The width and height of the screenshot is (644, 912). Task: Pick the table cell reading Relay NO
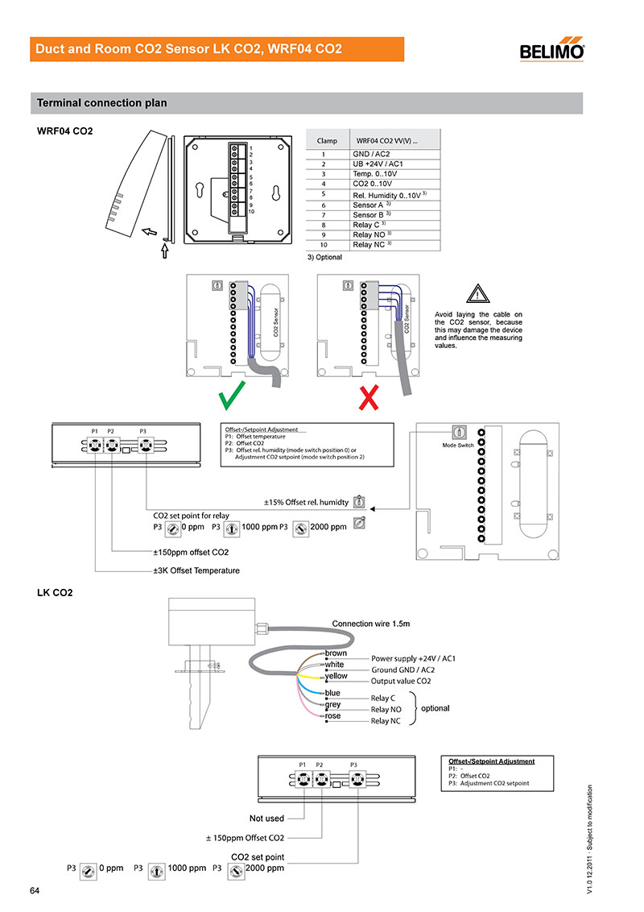tap(372, 234)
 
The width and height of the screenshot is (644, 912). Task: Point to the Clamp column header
tap(327, 140)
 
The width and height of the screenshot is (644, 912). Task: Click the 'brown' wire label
tap(336, 652)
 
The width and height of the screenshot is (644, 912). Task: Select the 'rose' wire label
tap(332, 715)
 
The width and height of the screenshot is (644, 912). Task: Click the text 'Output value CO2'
tap(401, 681)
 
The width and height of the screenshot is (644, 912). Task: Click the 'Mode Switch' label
tap(458, 446)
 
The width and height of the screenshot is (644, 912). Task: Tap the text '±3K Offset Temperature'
tap(196, 570)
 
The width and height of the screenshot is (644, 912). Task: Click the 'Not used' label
tap(266, 818)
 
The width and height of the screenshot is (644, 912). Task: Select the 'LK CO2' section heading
tap(55, 592)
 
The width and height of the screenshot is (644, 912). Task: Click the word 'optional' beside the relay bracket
tap(436, 708)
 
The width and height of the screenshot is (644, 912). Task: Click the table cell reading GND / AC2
tap(371, 153)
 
